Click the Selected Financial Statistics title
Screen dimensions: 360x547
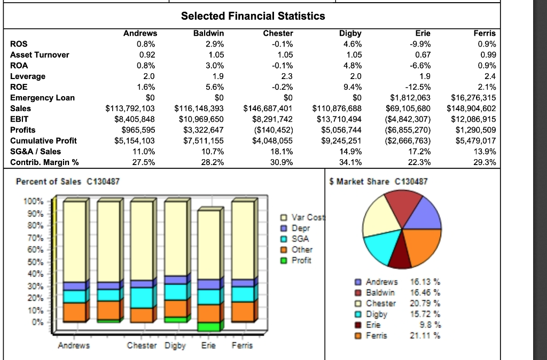[x=253, y=16]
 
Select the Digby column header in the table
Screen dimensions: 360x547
[x=350, y=33]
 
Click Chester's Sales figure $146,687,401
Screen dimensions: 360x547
[x=268, y=108]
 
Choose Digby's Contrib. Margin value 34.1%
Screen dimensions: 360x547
[x=350, y=162]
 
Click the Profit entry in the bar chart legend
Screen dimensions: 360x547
[x=302, y=260]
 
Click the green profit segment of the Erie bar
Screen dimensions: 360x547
[x=208, y=326]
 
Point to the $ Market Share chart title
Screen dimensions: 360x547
[x=379, y=182]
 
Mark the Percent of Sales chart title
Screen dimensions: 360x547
[x=68, y=182]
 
